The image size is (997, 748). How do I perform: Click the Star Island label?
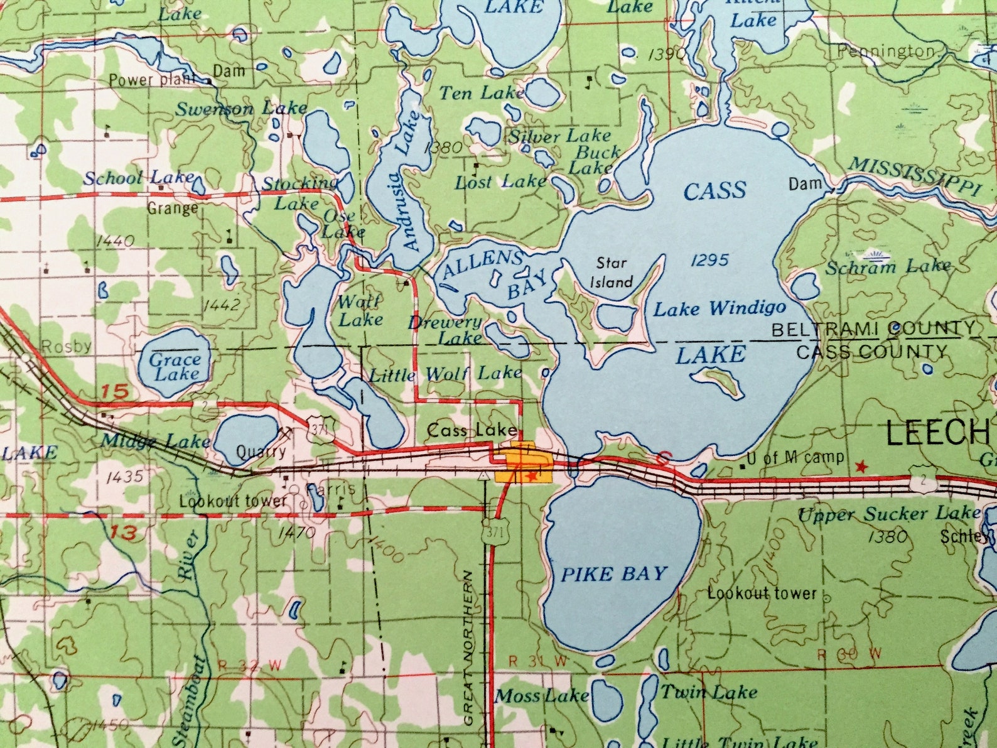click(611, 273)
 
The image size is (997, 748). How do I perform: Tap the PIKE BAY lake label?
click(613, 574)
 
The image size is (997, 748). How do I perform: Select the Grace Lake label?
click(175, 367)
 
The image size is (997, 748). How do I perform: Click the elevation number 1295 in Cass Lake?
click(709, 260)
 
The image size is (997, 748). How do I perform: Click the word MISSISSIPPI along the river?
click(913, 177)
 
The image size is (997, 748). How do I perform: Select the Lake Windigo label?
click(719, 308)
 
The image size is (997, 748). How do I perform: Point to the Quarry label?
click(261, 452)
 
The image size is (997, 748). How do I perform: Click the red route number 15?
click(115, 392)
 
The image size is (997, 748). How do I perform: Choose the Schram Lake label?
click(888, 268)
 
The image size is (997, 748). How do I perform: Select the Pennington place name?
click(886, 51)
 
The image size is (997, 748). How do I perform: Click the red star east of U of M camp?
click(861, 467)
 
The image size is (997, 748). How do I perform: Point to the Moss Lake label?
click(542, 696)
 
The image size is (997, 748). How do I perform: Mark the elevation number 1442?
click(222, 305)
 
